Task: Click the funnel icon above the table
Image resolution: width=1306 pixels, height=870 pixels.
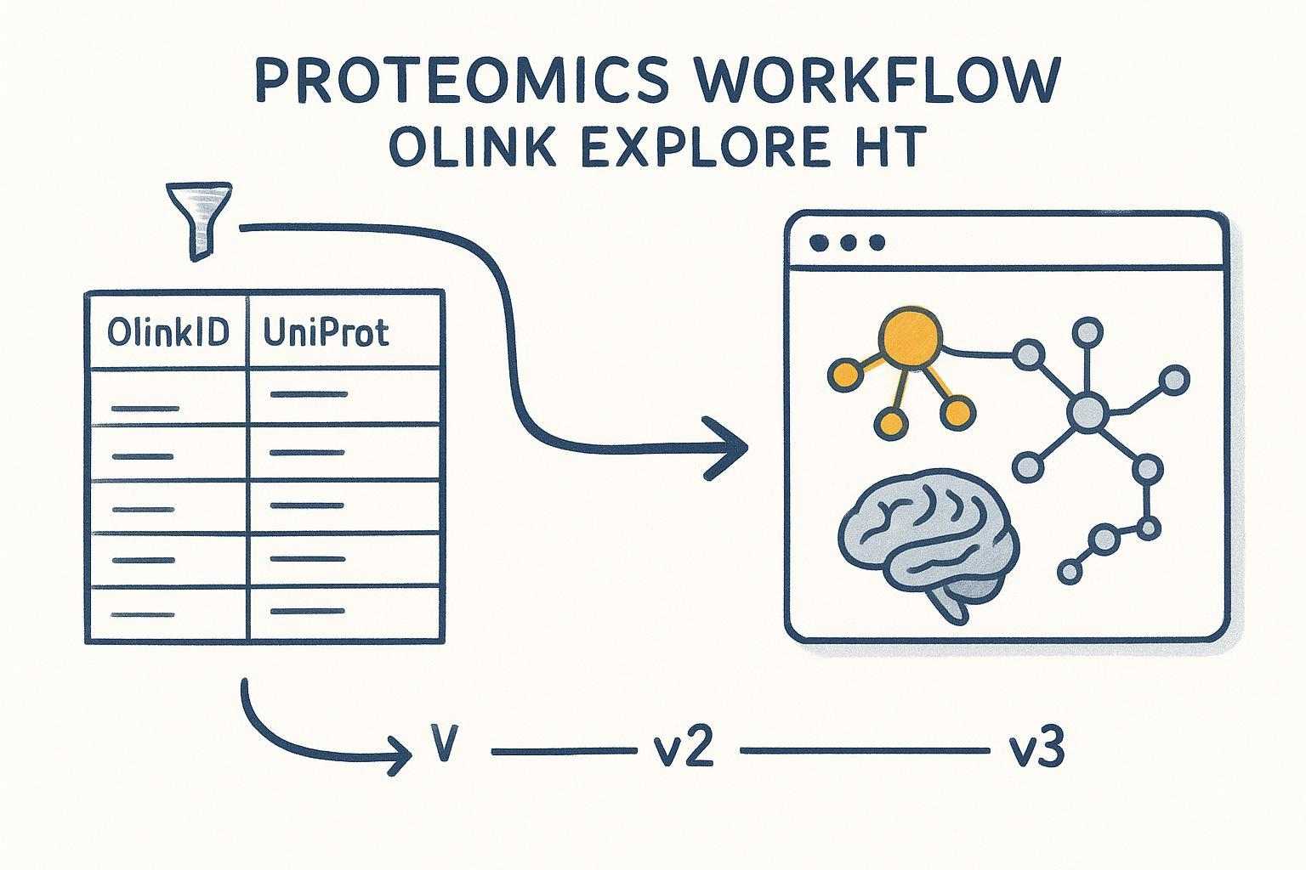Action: pyautogui.click(x=201, y=217)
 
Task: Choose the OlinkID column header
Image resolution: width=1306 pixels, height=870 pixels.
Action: pyautogui.click(x=168, y=332)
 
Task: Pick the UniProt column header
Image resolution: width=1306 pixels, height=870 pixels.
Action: pyautogui.click(x=326, y=332)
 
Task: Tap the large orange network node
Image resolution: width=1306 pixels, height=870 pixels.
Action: pyautogui.click(x=911, y=338)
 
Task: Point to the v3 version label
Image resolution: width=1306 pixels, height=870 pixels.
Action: pyautogui.click(x=1036, y=749)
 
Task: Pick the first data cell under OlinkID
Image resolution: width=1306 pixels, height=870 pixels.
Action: pyautogui.click(x=167, y=397)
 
